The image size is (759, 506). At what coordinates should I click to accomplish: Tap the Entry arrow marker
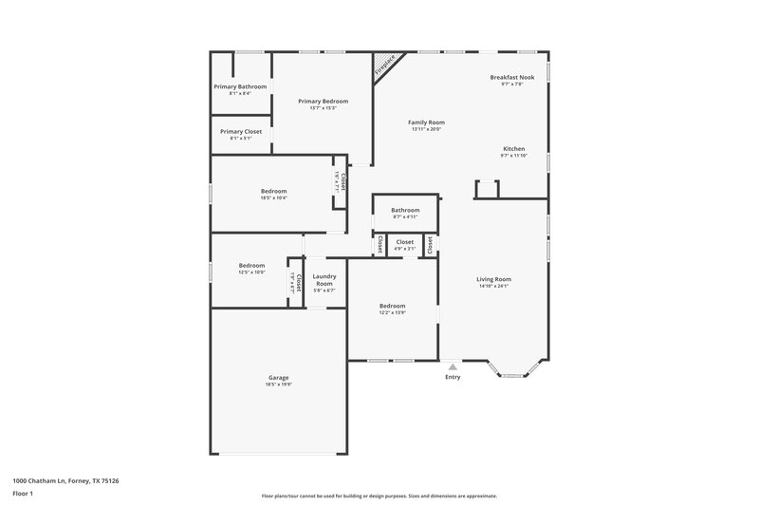pyautogui.click(x=453, y=366)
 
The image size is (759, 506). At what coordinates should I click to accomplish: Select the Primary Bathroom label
pyautogui.click(x=239, y=86)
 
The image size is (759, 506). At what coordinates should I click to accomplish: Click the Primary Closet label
pyautogui.click(x=240, y=132)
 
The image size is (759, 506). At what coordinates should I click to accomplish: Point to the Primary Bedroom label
pyautogui.click(x=323, y=102)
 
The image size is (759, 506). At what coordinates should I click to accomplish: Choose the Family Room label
pyautogui.click(x=427, y=122)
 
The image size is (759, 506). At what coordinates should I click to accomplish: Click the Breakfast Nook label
pyautogui.click(x=511, y=77)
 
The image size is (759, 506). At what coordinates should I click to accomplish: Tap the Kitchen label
pyautogui.click(x=513, y=149)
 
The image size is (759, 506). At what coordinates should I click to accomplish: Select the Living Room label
pyautogui.click(x=494, y=279)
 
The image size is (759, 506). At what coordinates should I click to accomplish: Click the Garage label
pyautogui.click(x=278, y=378)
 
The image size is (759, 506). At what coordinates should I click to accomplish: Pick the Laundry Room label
pyautogui.click(x=324, y=280)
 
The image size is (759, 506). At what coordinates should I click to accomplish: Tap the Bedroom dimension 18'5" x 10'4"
pyautogui.click(x=273, y=197)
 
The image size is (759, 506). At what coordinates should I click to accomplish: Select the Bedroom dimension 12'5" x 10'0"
pyautogui.click(x=251, y=272)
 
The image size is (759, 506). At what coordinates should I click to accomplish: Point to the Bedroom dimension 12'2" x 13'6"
pyautogui.click(x=393, y=312)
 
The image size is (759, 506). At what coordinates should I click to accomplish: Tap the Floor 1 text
pyautogui.click(x=23, y=495)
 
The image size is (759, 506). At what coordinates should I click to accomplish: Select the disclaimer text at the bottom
pyautogui.click(x=379, y=496)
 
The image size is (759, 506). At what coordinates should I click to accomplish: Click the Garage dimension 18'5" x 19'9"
pyautogui.click(x=278, y=384)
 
